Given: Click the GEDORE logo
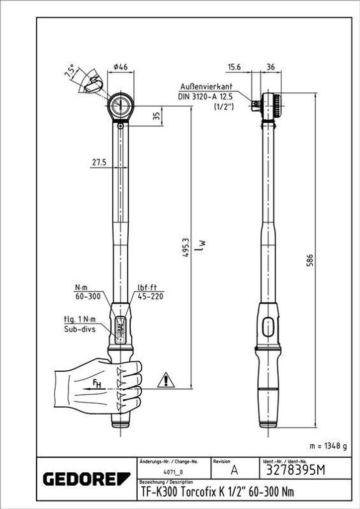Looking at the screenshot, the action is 87,479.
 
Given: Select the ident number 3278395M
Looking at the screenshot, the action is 292,470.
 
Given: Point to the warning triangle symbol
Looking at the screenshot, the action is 166,380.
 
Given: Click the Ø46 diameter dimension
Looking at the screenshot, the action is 120,67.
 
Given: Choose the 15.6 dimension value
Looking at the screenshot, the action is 234,67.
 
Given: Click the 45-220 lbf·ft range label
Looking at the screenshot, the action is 150,296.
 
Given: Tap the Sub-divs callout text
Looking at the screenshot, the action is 80,331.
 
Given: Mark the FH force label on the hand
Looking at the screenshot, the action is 97,384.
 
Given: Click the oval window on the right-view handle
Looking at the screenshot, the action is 268,327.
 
